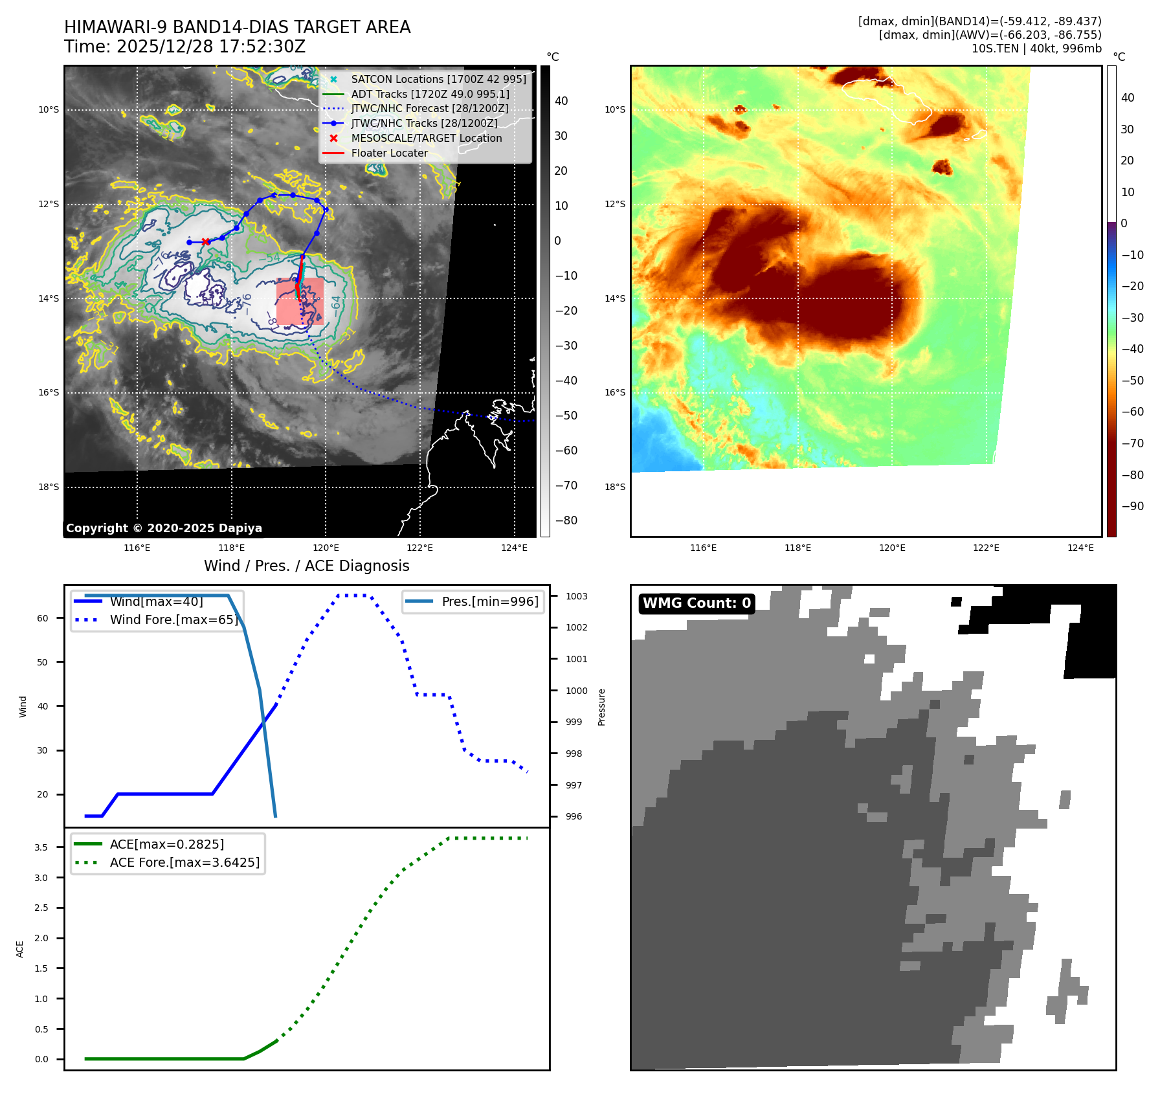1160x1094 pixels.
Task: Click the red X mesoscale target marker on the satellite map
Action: (x=206, y=241)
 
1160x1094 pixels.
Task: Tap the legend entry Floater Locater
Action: (x=389, y=153)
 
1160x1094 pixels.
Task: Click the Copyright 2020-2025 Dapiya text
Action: (x=164, y=528)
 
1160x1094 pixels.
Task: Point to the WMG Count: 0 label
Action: (x=697, y=603)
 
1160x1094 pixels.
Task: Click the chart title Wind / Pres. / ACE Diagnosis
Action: (x=306, y=566)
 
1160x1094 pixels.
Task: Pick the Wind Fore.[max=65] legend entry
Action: (x=173, y=620)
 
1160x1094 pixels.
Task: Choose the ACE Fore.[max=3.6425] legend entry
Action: (x=184, y=862)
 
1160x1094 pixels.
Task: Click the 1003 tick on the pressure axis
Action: (x=576, y=596)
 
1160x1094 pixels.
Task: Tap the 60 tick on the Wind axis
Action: (x=43, y=618)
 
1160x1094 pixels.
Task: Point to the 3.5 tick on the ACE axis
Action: (x=41, y=847)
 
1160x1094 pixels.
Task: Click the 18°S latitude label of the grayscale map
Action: (x=49, y=487)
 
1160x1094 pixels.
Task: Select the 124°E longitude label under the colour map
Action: (x=1080, y=548)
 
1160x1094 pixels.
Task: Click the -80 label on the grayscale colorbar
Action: (x=566, y=520)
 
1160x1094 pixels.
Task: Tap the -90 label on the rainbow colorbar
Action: (x=1132, y=506)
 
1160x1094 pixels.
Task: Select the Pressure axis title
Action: (x=601, y=707)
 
